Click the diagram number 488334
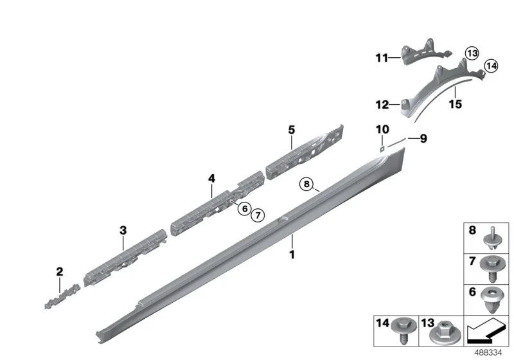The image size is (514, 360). click(488, 353)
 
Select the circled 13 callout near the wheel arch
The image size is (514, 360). click(472, 53)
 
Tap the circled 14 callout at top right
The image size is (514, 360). click(491, 66)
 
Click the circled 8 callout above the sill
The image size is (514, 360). click(306, 184)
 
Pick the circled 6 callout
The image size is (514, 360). click(245, 208)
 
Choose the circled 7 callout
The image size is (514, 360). click(258, 215)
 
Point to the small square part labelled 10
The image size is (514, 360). click(382, 149)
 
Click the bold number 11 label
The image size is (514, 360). click(382, 58)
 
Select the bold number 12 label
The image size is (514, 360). click(382, 105)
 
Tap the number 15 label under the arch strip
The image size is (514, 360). click(456, 104)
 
